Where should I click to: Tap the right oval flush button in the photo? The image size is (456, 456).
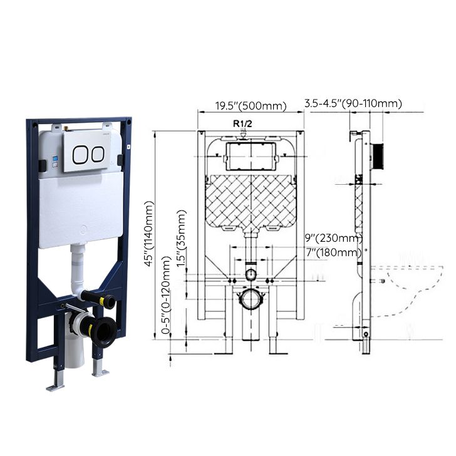[x=96, y=155]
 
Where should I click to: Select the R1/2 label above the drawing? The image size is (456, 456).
[x=242, y=123]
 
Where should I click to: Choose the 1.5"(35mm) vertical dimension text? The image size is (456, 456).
[x=182, y=239]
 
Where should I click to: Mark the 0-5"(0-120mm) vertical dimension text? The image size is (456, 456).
[x=167, y=295]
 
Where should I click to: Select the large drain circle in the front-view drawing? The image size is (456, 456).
[x=251, y=299]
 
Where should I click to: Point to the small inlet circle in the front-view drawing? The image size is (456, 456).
[x=251, y=274]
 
